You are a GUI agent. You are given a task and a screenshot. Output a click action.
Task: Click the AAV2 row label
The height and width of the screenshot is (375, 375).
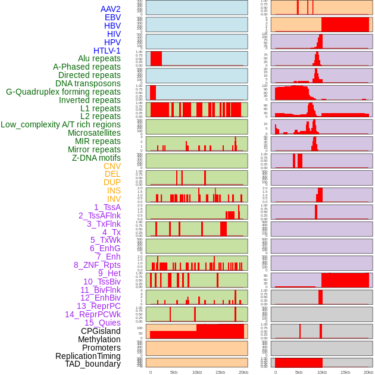coord(111,9)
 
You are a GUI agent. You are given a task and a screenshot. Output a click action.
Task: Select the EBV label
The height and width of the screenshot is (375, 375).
coord(112,17)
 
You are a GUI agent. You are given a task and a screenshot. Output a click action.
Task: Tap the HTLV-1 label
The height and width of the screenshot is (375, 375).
coord(107,51)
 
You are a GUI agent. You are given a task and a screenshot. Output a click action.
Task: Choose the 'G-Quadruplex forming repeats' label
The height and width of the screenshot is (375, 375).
coord(63,92)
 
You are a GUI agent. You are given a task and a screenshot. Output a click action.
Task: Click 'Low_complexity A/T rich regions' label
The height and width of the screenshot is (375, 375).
coord(61,124)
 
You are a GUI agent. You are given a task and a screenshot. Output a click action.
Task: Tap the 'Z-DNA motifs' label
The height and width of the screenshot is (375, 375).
coord(96,158)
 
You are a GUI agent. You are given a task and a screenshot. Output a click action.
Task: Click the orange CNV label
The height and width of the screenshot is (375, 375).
coord(112,166)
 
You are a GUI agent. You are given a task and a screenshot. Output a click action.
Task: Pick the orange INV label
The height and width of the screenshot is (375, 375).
coord(114,199)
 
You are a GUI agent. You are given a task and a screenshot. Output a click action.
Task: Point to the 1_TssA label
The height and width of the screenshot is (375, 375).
coord(107,207)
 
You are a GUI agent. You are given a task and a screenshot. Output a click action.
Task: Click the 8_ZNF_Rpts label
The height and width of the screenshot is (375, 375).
coord(97,265)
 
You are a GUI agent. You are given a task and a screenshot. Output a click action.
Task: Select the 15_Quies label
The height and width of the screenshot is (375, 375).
coord(102,323)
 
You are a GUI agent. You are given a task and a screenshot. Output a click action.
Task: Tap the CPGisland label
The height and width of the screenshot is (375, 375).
coord(101,331)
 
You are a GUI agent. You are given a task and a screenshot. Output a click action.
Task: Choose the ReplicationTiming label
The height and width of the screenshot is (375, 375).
coord(88,356)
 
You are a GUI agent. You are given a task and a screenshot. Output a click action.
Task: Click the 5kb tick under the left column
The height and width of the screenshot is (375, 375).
coord(174,372)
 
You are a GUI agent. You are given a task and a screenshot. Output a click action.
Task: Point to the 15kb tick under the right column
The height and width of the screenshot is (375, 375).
coord(345,372)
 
